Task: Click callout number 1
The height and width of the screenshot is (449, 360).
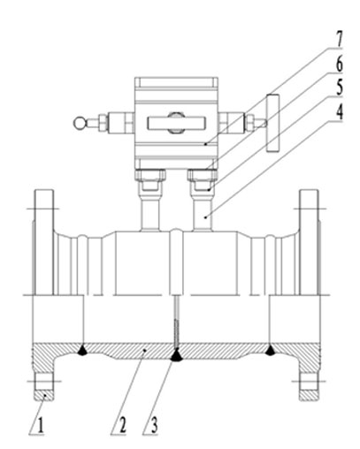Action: [41, 425]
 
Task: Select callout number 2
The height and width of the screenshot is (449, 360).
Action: [122, 425]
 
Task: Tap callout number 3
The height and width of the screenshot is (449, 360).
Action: [154, 425]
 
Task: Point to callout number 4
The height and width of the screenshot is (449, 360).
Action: [340, 112]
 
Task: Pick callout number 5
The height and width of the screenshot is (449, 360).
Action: [340, 88]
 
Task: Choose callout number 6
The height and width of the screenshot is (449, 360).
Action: [340, 64]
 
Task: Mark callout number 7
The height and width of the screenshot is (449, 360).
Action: [340, 39]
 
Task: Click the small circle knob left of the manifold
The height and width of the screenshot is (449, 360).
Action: [79, 123]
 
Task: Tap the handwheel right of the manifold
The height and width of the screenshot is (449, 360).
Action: [272, 123]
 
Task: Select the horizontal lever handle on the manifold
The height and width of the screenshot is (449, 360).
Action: [176, 123]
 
